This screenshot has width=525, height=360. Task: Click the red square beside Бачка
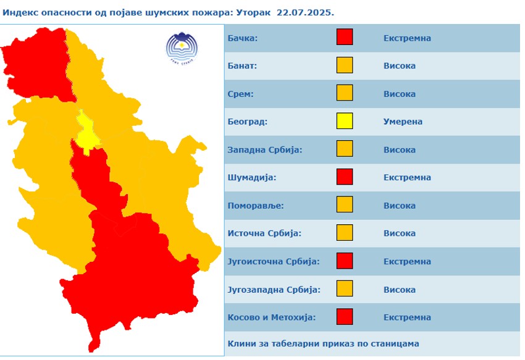pyautogui.click(x=345, y=38)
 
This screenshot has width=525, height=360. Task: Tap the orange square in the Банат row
pyautogui.click(x=345, y=65)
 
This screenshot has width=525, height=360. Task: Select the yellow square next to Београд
pyautogui.click(x=345, y=121)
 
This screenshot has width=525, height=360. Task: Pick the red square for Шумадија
pyautogui.click(x=345, y=177)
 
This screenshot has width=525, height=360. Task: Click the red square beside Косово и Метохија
pyautogui.click(x=345, y=317)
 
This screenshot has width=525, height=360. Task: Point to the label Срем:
pyautogui.click(x=240, y=94)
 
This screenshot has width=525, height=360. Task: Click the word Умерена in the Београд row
pyautogui.click(x=403, y=122)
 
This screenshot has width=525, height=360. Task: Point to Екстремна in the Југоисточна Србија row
pyautogui.click(x=407, y=261)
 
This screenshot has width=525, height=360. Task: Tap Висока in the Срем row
pyautogui.click(x=400, y=94)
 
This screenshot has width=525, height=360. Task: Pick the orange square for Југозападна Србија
pyautogui.click(x=345, y=289)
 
